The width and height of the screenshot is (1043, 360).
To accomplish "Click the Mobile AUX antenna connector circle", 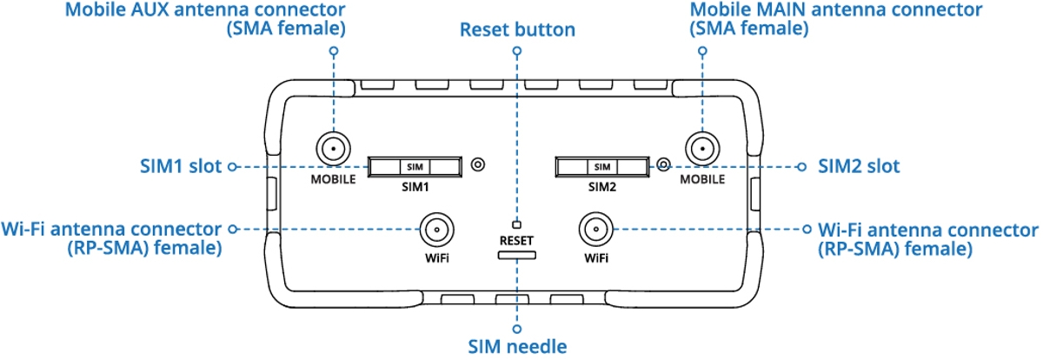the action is coord(334,149).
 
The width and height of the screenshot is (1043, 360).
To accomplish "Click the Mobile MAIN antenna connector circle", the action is coord(702,149).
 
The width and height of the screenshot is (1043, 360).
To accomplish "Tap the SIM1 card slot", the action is coord(415,167).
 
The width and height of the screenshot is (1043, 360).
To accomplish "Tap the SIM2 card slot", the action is coord(602,167).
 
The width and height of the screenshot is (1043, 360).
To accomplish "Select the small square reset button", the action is coord(516,225).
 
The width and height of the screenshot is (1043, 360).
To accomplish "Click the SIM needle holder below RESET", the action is coord(517,255).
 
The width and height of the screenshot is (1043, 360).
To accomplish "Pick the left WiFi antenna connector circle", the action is coord(436,230).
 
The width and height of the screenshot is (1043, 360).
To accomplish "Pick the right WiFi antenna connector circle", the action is coord(596,230).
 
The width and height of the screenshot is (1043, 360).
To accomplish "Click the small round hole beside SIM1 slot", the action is coord(478,164).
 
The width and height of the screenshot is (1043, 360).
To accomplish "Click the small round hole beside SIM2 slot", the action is coord(663,164).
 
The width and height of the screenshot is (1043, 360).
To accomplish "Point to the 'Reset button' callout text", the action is coord(517,30).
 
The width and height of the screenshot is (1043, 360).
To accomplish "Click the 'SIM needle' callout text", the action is coord(517,346).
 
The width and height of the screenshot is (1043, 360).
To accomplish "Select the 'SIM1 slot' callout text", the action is coord(181,166).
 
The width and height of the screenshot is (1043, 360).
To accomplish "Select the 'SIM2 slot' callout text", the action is coord(859,166).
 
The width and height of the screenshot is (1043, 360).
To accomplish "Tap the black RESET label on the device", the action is coord(516,241).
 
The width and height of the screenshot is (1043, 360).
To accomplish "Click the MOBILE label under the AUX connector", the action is coord(334,179).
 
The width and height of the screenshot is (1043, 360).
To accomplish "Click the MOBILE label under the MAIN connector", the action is coord(702,179).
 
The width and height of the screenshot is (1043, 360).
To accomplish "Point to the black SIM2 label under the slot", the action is coord(602,187).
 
